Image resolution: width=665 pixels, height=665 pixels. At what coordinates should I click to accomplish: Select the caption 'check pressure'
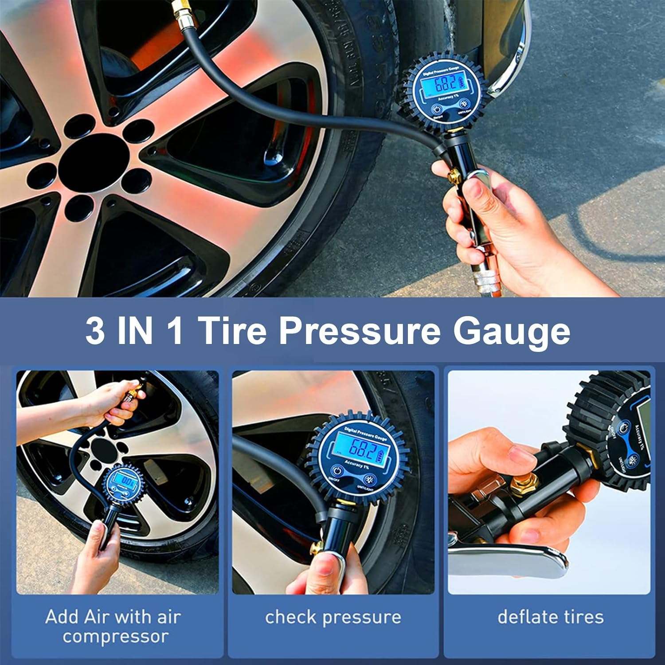333,617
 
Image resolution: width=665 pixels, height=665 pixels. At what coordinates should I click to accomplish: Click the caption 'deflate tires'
550,617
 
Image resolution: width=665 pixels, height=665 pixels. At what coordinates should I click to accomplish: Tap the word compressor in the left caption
115,637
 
